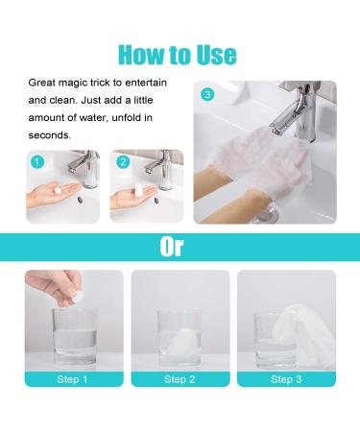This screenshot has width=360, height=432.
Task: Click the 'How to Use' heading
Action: point(178,55)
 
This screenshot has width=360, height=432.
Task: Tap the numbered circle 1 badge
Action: point(37,162)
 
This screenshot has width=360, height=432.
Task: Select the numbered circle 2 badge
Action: point(123,162)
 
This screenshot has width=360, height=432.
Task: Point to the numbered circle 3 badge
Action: point(207,95)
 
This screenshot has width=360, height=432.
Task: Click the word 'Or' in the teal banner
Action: point(172,247)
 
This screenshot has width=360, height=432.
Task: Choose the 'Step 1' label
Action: point(72,379)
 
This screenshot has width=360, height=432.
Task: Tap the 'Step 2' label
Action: point(180,379)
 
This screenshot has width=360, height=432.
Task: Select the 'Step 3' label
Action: point(286,379)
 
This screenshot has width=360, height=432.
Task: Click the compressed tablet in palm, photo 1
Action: point(58,190)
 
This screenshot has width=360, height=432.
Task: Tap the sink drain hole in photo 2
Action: point(156,201)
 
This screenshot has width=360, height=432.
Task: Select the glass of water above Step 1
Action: point(75,337)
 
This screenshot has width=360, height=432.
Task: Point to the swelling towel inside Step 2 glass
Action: point(180,341)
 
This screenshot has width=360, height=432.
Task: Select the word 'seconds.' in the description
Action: point(50,135)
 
